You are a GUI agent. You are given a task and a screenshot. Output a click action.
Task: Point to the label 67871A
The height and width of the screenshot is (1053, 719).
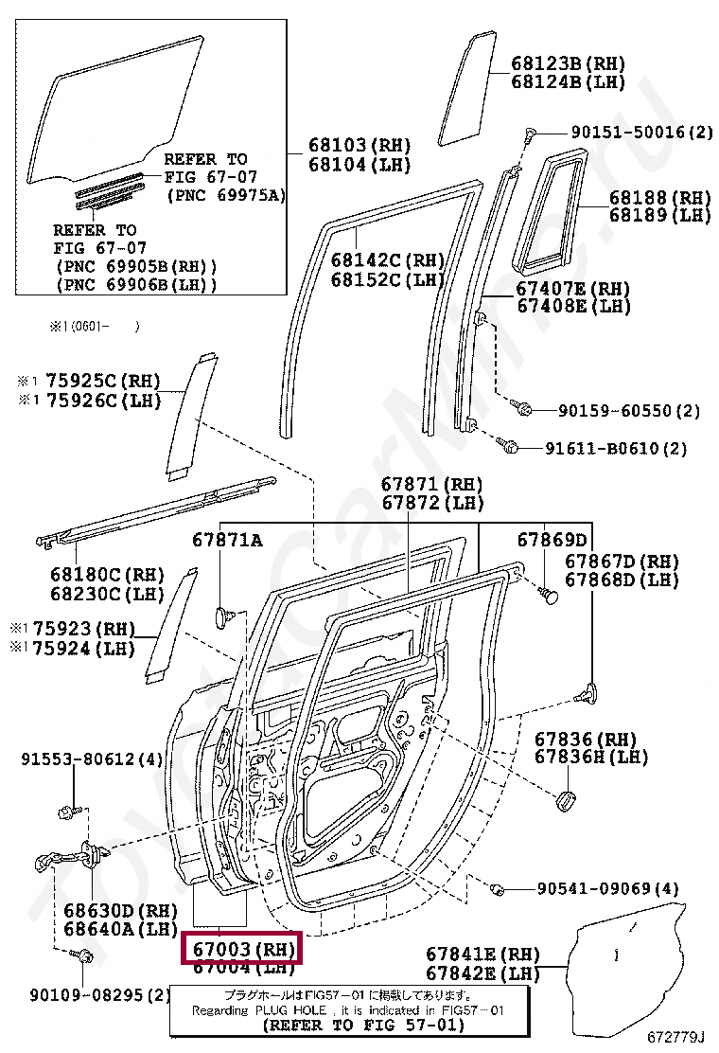coord(227,539)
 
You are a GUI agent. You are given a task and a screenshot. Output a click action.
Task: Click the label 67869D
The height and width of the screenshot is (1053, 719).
coord(552,539)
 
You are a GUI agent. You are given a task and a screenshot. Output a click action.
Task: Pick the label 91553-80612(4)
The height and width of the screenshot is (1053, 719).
coord(93,759)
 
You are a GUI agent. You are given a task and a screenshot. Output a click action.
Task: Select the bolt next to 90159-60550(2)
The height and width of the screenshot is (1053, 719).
coord(521,409)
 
